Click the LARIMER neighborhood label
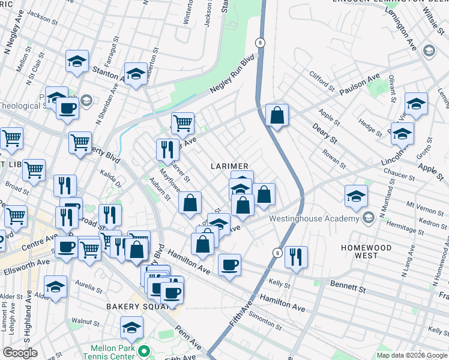point(229,165)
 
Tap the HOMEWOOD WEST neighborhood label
point(366,251)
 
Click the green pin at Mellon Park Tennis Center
point(143,350)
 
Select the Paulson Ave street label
point(359,85)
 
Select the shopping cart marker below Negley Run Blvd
point(182,124)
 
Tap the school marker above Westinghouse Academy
point(356,196)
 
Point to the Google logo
point(20,353)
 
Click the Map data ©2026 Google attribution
point(411,355)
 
